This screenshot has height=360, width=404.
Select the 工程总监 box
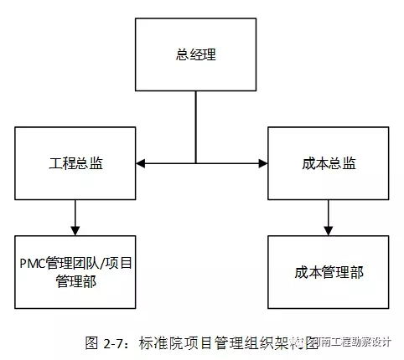pos(75,161)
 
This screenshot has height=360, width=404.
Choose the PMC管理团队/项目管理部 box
pos(75,273)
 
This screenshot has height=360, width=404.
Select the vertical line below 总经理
pos(196,126)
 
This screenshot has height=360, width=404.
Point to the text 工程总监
pos(75,161)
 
